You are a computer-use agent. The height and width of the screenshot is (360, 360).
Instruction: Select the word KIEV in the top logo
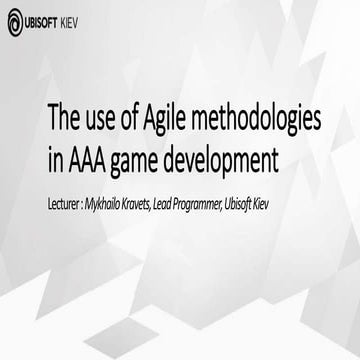coord(85,18)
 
